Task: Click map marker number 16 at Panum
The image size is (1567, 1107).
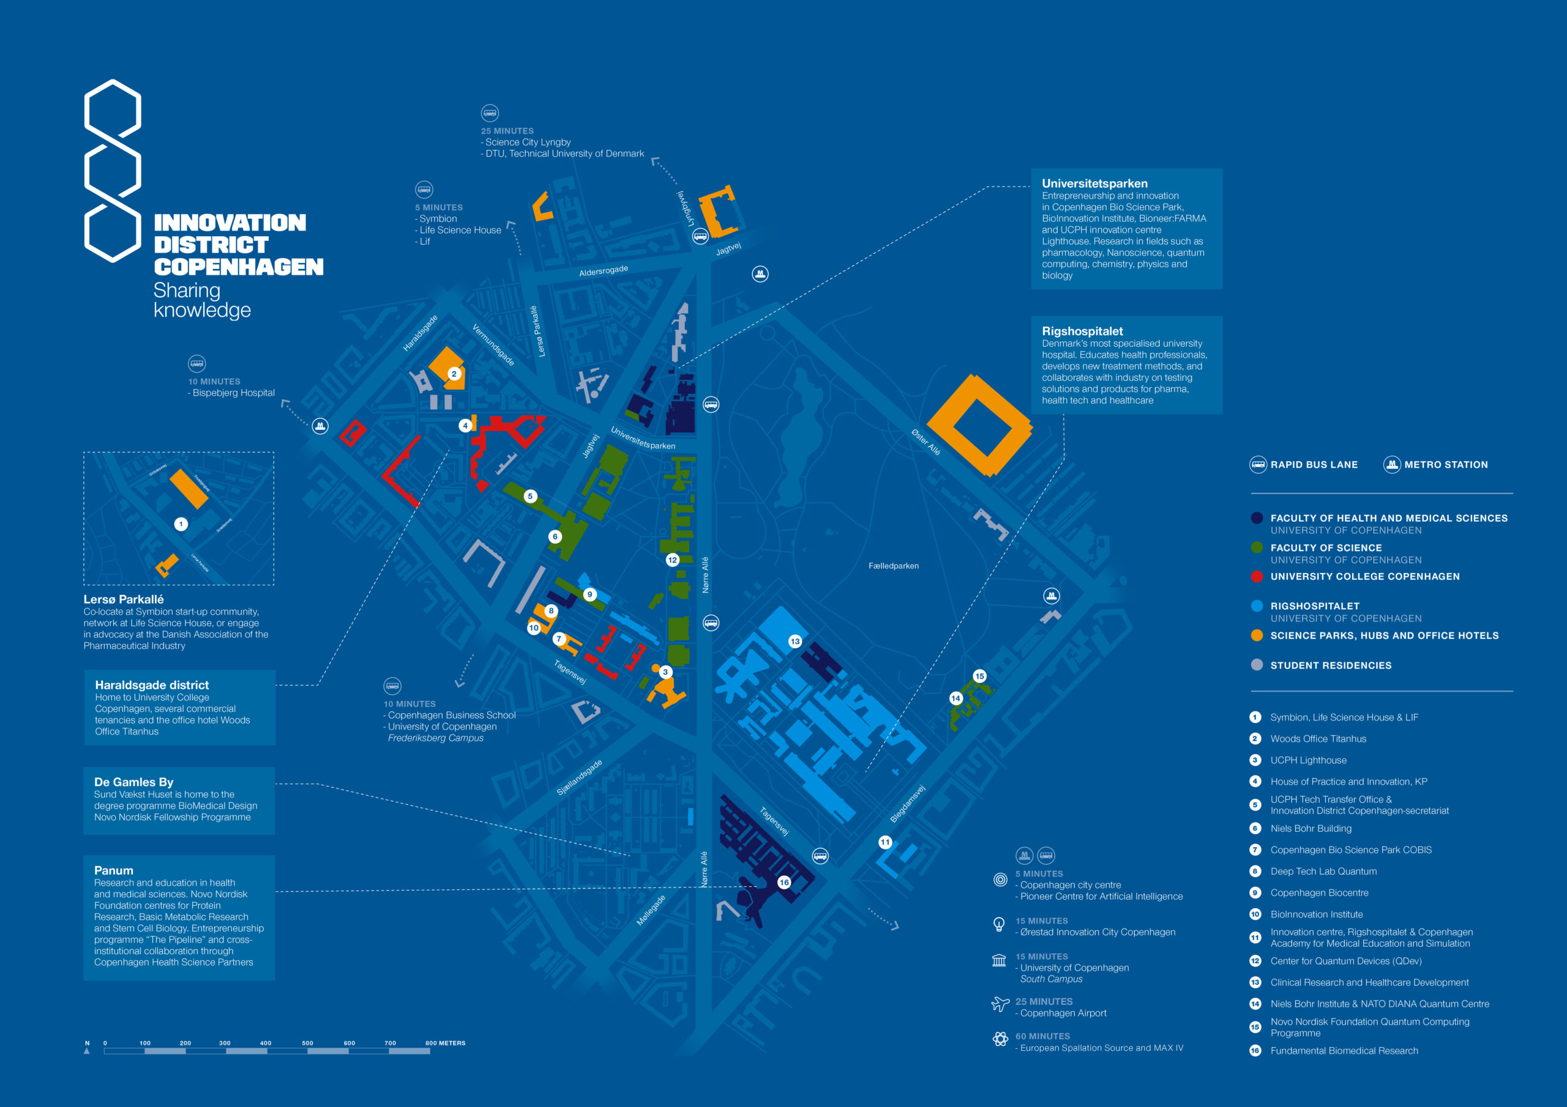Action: point(783,882)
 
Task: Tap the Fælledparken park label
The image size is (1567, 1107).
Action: point(894,566)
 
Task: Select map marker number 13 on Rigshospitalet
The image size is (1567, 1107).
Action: point(795,641)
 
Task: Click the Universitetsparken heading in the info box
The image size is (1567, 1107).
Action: point(1094,183)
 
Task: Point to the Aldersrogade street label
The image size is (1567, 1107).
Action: point(604,271)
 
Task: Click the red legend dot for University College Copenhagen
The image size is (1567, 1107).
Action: point(1257,576)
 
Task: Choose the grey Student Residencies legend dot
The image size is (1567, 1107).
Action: point(1257,665)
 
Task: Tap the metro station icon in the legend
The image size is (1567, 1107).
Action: point(1391,464)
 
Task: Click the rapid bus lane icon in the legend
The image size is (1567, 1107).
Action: point(1258,464)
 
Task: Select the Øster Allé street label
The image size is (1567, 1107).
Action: point(926,442)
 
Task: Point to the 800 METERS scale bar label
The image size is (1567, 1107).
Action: point(445,1043)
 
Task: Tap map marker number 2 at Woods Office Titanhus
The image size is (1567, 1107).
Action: point(454,374)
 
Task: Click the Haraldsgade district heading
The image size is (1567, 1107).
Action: point(152,685)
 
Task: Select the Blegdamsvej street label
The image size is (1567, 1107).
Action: point(908,804)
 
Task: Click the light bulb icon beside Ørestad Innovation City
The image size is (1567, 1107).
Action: point(999,924)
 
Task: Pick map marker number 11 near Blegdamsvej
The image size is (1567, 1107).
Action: point(884,842)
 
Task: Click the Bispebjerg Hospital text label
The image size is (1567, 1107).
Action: point(233,393)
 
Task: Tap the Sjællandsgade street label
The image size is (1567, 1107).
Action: point(580,777)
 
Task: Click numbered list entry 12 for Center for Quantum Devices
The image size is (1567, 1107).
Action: point(1346,961)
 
